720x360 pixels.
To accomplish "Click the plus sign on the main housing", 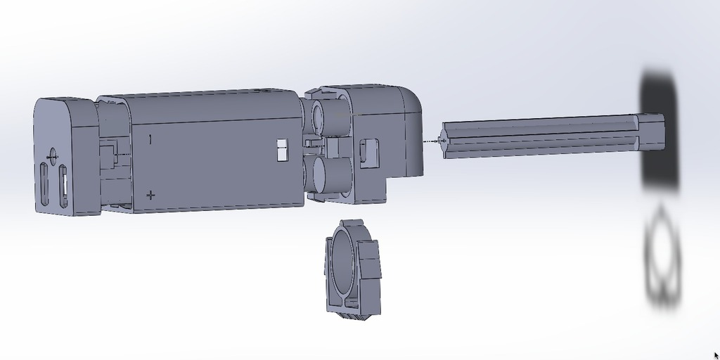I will [x=150, y=195].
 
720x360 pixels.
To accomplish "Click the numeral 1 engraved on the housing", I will [x=150, y=139].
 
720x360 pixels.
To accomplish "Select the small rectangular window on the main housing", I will [x=283, y=150].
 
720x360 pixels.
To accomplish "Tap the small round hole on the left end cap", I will [x=51, y=155].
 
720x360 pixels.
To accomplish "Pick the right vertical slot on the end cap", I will [x=63, y=186].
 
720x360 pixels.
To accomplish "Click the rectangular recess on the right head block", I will [x=368, y=153].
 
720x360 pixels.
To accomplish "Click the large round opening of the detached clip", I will [x=342, y=259].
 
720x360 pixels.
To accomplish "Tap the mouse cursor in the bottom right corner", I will [x=716, y=355].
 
